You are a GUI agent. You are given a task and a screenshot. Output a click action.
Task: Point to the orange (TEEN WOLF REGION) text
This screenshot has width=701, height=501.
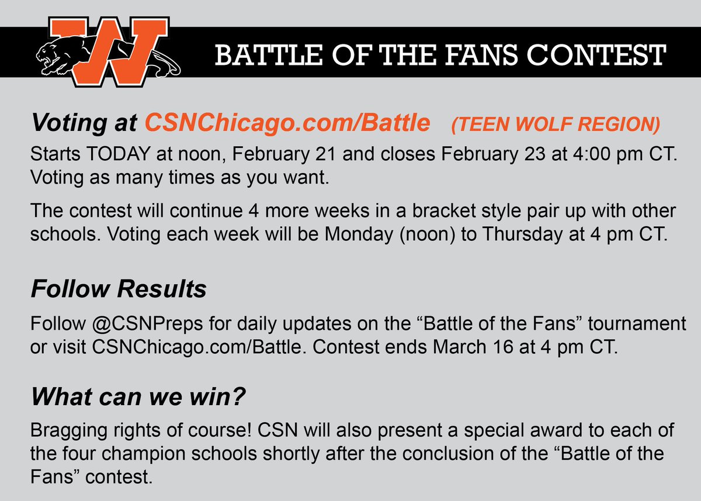pyautogui.click(x=555, y=124)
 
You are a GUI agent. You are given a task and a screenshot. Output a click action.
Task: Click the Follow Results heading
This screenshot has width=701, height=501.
pyautogui.click(x=119, y=289)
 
